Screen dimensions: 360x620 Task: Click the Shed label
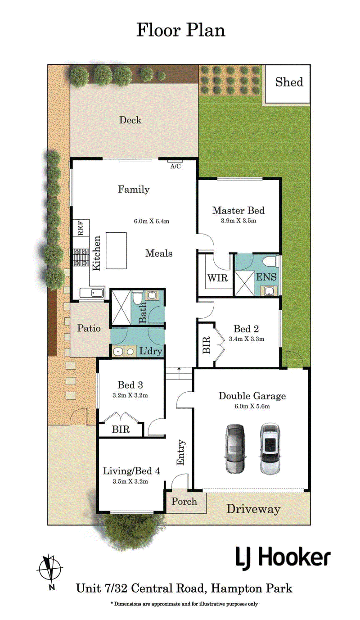tap(289, 82)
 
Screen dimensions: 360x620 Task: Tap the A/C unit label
tap(175, 166)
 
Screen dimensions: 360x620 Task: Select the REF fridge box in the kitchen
tap(81, 228)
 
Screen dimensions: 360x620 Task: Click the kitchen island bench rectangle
tap(116, 250)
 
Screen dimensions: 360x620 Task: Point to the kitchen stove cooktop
tap(81, 257)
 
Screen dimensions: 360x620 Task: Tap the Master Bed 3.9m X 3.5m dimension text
tap(238, 221)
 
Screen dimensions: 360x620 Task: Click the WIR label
tap(217, 278)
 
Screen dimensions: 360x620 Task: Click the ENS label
tap(266, 277)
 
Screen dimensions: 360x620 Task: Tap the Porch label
tap(184, 501)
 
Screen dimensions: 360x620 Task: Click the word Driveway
tap(253, 509)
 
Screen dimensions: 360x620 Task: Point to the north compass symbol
tap(50, 569)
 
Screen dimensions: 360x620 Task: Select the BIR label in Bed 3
tap(121, 429)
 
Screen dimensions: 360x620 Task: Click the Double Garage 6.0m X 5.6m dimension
tap(252, 406)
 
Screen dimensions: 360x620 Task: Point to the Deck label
tap(130, 120)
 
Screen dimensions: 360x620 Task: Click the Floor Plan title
tap(181, 30)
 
